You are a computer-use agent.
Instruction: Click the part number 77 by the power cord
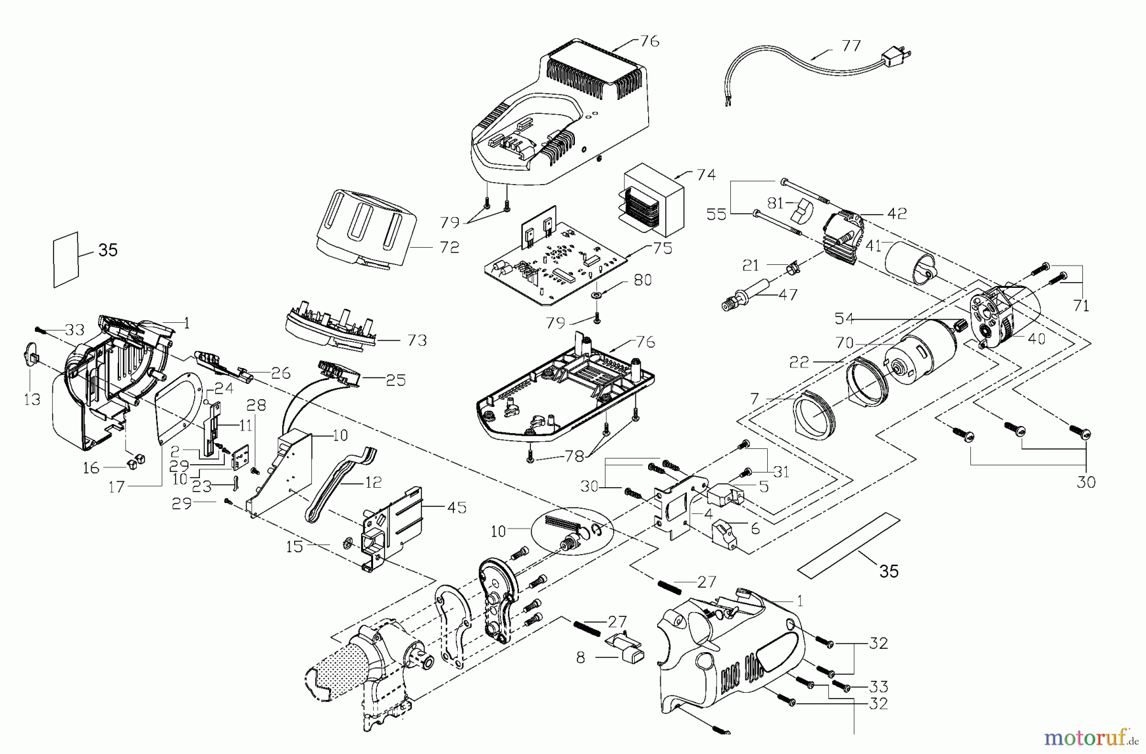click(x=851, y=46)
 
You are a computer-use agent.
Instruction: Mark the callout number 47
click(x=788, y=295)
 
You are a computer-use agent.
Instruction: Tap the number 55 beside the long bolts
click(x=716, y=214)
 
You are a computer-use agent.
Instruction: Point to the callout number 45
click(x=456, y=507)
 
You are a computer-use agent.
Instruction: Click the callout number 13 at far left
click(x=32, y=399)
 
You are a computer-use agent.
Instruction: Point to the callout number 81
click(x=775, y=204)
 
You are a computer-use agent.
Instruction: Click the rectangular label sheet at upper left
click(x=66, y=260)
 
